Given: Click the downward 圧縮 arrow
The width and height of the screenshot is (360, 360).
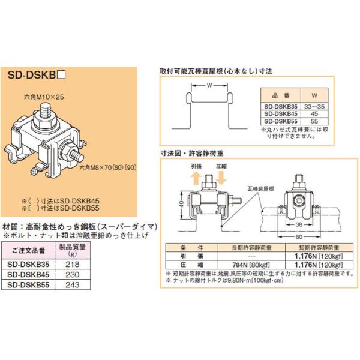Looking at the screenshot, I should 220,178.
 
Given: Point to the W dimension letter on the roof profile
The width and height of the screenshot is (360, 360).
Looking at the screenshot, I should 208,85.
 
